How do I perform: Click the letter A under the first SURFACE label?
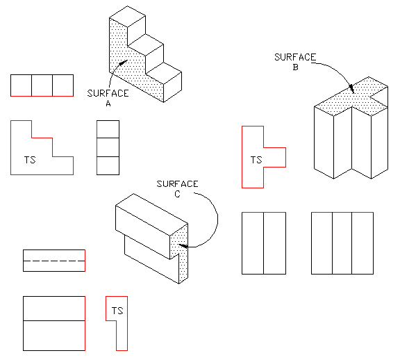pos(108,104)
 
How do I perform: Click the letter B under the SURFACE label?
pos(296,67)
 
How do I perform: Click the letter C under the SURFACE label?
pos(177,195)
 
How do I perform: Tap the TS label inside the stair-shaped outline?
pos(30,161)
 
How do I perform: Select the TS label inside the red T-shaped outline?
pos(256,161)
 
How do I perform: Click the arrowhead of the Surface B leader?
pos(353,88)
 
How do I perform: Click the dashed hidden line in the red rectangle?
pos(54,260)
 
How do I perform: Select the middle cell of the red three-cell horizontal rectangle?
pos(42,85)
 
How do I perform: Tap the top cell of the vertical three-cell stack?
pos(108,129)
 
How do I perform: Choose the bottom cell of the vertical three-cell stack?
pos(108,165)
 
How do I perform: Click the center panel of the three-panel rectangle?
pos(342,243)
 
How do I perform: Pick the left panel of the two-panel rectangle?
pos(252,243)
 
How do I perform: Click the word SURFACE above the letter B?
pos(296,57)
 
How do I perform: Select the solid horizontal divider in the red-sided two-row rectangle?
pos(54,320)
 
